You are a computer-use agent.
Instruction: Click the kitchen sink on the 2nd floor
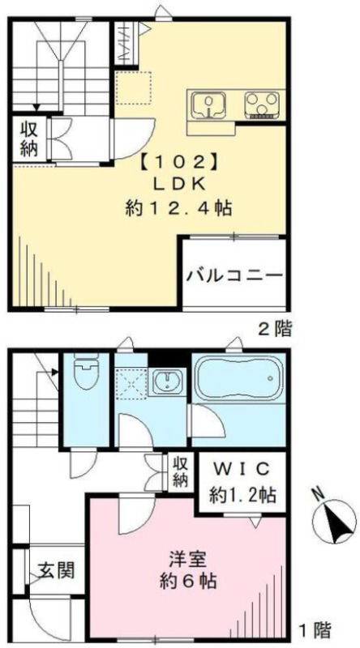pyautogui.click(x=208, y=105)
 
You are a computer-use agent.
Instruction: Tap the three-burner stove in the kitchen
pyautogui.click(x=261, y=105)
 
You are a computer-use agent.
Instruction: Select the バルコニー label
pyautogui.click(x=234, y=275)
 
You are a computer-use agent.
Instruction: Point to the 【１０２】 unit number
pyautogui.click(x=179, y=162)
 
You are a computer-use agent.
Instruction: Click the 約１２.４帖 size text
pyautogui.click(x=178, y=208)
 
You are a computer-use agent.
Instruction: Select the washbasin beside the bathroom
pyautogui.click(x=169, y=382)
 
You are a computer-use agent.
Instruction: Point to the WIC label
pyautogui.click(x=242, y=469)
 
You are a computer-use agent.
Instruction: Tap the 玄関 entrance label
pyautogui.click(x=57, y=571)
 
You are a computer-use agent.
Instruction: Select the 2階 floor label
pyautogui.click(x=276, y=330)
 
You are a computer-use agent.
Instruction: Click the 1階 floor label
pyautogui.click(x=315, y=630)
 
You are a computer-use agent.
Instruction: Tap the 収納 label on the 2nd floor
pyautogui.click(x=29, y=140)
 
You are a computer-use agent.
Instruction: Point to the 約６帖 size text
pyautogui.click(x=188, y=582)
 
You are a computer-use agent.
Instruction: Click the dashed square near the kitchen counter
pyautogui.click(x=133, y=87)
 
